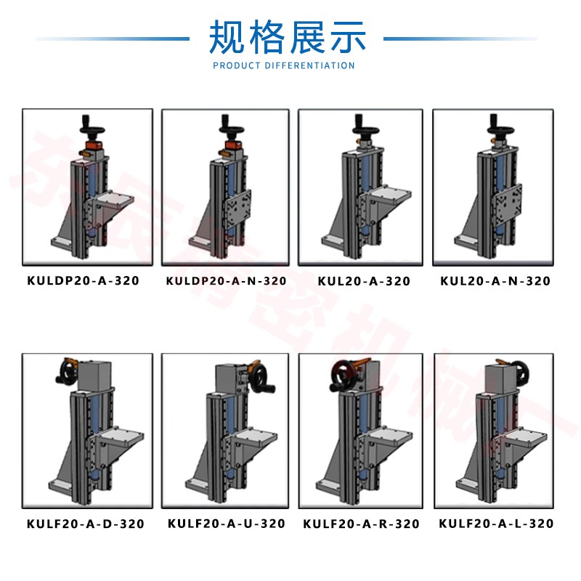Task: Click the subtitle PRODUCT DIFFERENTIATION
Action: (284, 65)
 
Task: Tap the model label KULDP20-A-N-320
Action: (226, 280)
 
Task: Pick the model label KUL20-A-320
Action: (364, 281)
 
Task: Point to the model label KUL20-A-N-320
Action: (495, 281)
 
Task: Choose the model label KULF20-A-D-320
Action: (85, 524)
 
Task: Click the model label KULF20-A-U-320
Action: (226, 524)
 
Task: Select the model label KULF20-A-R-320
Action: (361, 524)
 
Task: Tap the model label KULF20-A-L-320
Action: (497, 524)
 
